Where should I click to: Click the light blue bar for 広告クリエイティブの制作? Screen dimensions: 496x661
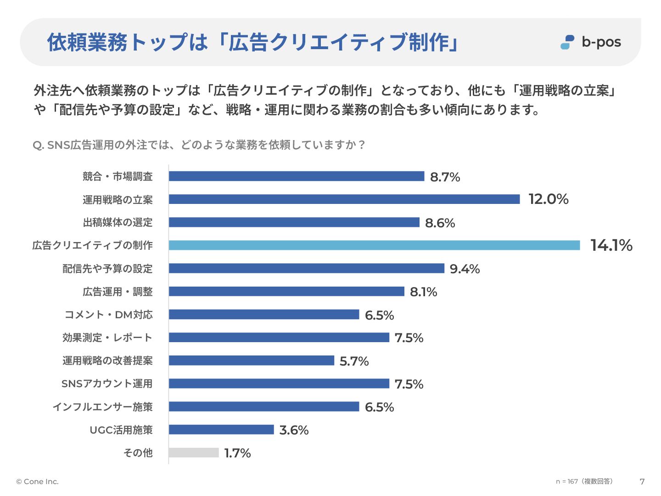click(x=374, y=245)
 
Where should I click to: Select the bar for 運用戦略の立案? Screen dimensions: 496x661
click(x=344, y=199)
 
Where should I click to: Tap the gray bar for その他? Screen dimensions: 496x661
click(x=194, y=453)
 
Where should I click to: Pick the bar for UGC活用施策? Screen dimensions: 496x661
click(x=221, y=430)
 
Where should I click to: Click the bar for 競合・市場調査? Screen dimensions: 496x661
click(x=297, y=176)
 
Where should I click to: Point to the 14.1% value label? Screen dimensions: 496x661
click(x=611, y=245)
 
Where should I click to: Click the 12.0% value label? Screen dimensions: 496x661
click(x=548, y=199)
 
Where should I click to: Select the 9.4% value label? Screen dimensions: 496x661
click(x=465, y=269)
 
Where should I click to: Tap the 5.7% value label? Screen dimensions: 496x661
click(x=354, y=361)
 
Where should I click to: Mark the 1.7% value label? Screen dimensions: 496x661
click(x=237, y=453)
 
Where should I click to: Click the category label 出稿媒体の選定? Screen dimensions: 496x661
click(x=118, y=223)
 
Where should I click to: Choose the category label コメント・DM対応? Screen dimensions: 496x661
click(x=109, y=315)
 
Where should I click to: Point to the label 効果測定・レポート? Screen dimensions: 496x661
click(x=107, y=338)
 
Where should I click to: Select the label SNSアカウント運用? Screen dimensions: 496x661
click(x=107, y=384)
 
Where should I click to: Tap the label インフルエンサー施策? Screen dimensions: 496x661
click(x=102, y=407)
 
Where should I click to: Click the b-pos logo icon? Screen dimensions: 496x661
click(x=567, y=42)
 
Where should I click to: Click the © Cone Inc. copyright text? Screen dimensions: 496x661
click(x=37, y=482)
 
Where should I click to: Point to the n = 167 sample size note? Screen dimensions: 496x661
click(x=584, y=481)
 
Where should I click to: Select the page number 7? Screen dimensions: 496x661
click(x=642, y=482)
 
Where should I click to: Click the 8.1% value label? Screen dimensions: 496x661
click(x=423, y=292)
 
